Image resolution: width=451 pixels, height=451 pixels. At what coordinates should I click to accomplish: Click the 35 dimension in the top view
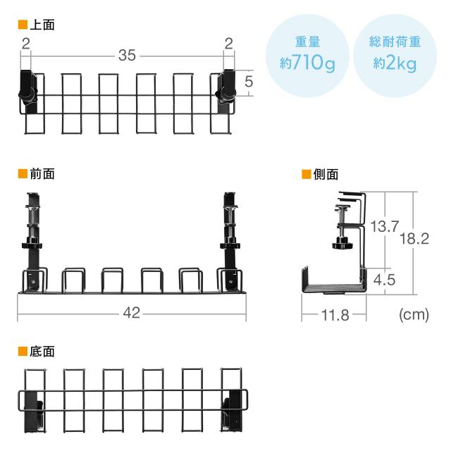(x=127, y=55)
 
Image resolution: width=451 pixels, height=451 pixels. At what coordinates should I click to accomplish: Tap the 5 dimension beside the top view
(x=249, y=82)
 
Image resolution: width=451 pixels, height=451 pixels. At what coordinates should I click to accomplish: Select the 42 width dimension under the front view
(x=132, y=313)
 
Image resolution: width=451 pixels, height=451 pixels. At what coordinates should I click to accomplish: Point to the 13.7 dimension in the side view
(x=385, y=226)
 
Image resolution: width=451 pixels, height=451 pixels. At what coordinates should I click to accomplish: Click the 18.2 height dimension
(x=414, y=239)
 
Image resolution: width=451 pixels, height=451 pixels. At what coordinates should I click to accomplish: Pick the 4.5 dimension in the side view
(x=384, y=280)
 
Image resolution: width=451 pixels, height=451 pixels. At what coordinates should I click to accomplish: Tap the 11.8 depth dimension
(x=335, y=315)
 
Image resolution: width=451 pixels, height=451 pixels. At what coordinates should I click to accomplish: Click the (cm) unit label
(x=414, y=314)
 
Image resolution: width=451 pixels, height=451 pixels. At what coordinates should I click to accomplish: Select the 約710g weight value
(x=307, y=63)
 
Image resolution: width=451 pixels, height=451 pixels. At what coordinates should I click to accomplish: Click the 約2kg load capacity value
(x=395, y=63)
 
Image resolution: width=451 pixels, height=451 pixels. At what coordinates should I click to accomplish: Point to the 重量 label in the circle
(x=307, y=42)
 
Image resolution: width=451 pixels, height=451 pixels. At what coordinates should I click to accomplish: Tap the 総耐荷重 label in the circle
(x=395, y=42)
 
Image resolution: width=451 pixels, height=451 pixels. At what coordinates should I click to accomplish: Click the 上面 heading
(x=42, y=25)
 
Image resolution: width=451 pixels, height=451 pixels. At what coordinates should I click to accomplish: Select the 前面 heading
(x=42, y=174)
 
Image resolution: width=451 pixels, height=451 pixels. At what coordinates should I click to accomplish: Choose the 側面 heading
(x=326, y=174)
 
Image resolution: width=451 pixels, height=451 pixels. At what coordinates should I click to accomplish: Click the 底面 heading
(x=42, y=352)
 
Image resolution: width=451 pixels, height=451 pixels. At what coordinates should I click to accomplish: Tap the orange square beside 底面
(x=23, y=352)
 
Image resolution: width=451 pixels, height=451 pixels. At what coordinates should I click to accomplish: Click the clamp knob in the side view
(x=342, y=244)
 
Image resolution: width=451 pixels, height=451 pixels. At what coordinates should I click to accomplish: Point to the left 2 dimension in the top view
(x=26, y=44)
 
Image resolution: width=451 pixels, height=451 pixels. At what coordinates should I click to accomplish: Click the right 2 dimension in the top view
(x=228, y=44)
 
